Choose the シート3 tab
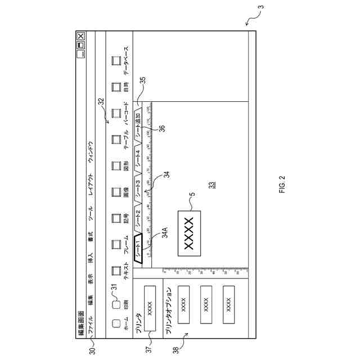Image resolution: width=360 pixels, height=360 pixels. [138, 190]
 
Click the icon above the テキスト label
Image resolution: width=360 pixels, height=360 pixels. [117, 269]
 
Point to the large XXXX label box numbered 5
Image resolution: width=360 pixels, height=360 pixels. [189, 233]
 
